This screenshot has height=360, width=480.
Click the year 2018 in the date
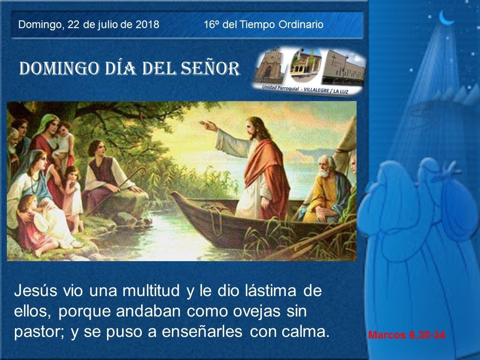pos(147,24)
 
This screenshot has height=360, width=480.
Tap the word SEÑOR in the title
pos(210,68)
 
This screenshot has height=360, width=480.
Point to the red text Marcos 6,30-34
pos(407,335)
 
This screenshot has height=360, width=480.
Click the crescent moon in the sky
pos(446,18)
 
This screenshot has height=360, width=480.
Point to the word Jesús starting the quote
pos(35,291)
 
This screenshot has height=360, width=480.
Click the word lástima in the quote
pos(270,291)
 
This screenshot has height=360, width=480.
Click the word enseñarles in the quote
pos(202,332)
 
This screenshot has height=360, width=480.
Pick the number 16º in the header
pos(211,24)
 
